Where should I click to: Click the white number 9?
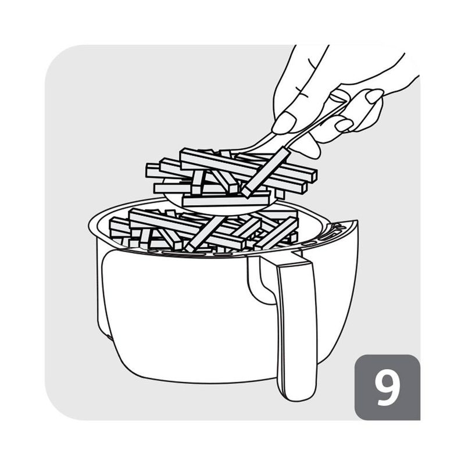point(387,388)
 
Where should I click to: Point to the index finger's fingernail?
point(284,123)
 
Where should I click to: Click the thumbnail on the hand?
point(374,95)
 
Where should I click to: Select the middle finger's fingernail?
point(344,125)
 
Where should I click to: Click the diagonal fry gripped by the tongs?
point(265,172)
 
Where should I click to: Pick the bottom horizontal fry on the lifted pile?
point(226,201)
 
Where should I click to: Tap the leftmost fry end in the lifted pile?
point(148,170)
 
